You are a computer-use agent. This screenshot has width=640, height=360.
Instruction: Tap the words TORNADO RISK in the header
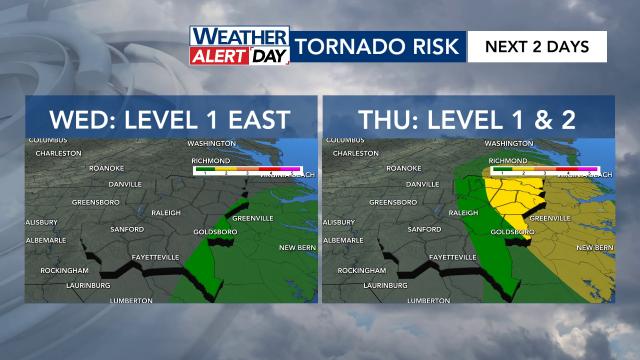[x=379, y=46]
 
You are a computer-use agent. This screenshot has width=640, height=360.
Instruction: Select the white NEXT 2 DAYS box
[x=537, y=46]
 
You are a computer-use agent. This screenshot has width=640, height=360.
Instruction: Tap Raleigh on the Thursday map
[x=465, y=213]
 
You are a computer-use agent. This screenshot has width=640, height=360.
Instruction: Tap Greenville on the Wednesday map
[x=252, y=218]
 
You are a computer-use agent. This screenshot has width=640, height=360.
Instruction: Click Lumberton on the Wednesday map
[x=131, y=300]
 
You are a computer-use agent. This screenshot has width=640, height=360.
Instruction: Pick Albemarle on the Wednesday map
[x=44, y=240]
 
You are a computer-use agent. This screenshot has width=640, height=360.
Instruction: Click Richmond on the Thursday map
[x=508, y=160]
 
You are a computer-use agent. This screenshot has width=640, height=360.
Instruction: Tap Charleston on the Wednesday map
[x=51, y=153]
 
